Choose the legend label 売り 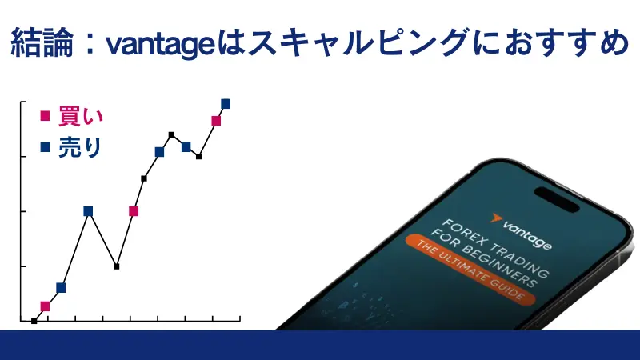[80, 148]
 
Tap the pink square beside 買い [45, 116]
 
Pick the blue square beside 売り [45, 147]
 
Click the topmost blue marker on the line [226, 103]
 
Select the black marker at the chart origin [34, 321]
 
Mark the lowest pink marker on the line [45, 306]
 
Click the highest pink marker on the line [216, 121]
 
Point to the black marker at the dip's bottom [117, 266]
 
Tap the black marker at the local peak [171, 134]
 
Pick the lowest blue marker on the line [61, 287]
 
